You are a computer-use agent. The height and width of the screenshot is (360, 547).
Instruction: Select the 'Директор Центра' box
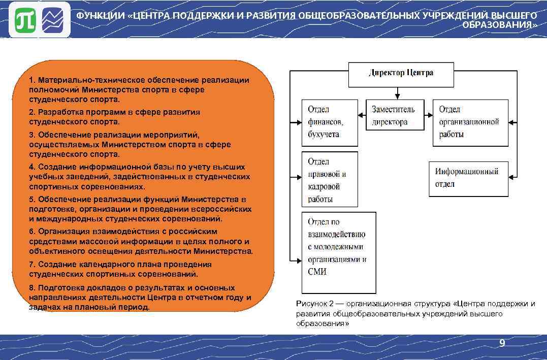point(401,74)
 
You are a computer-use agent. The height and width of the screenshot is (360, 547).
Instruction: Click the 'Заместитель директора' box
point(395,115)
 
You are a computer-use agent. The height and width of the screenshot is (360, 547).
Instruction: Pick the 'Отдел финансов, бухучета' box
point(329,122)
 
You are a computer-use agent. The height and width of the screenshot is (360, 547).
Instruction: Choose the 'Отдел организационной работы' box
point(470,122)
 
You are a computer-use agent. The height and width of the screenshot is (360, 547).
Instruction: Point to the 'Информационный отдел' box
point(468,178)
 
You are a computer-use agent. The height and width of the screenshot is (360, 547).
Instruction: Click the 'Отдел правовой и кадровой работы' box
point(329,180)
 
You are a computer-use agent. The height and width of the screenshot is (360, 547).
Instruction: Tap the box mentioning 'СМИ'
point(338,252)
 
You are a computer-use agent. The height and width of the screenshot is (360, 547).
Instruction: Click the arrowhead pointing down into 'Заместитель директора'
point(396,96)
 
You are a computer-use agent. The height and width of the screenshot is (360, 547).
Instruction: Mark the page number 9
point(502,344)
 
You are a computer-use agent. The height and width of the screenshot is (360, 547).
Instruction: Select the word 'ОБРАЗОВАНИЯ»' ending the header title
point(500,25)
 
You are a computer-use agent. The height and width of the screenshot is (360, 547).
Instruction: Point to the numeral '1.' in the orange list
point(33,80)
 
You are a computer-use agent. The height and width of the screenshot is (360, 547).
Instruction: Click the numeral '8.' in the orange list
point(33,288)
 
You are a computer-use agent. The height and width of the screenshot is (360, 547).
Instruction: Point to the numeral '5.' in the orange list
point(33,199)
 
